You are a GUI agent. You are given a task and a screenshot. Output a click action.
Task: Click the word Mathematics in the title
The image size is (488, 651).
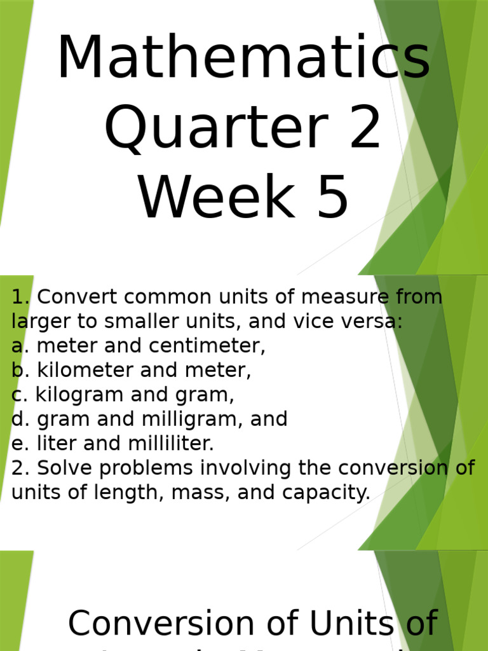pos(243,58)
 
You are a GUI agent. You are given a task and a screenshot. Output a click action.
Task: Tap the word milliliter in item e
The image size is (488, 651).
pos(168,444)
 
